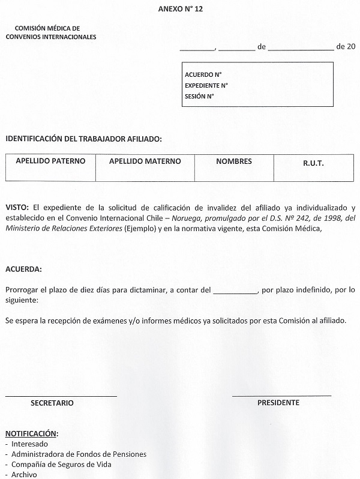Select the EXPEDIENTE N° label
206,85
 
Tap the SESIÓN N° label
200,96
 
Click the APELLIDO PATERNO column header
50,161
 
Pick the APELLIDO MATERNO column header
145,161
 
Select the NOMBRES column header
234,161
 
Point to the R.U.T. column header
314,162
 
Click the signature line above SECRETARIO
61,396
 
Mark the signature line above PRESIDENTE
281,396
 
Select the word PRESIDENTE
278,403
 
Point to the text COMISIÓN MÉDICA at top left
47,28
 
